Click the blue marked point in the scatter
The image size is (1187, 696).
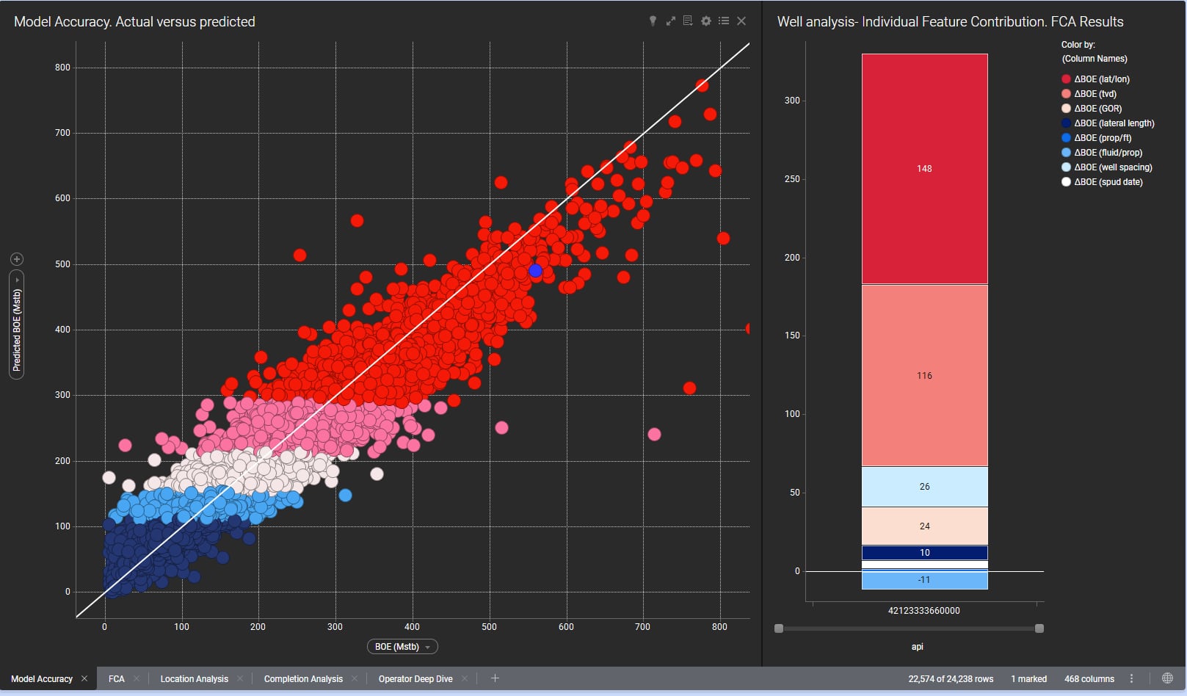point(535,271)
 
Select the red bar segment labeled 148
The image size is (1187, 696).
point(924,169)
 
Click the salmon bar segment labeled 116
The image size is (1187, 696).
point(924,375)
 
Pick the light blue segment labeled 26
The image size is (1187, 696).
point(924,487)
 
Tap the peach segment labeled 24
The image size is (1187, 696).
point(924,526)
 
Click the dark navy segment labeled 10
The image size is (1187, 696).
point(924,553)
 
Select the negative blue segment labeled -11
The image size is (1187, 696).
point(924,580)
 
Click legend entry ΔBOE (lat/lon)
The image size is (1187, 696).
point(1101,79)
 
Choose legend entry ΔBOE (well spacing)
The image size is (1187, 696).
point(1112,167)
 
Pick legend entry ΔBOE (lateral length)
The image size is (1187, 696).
point(1114,123)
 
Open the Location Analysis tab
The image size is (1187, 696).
point(194,679)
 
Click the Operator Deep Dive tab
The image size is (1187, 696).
point(415,679)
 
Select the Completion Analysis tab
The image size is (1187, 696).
point(303,679)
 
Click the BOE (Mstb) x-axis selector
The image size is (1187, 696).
point(402,647)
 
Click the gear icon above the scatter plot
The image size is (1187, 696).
point(705,21)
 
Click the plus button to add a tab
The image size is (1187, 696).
point(495,678)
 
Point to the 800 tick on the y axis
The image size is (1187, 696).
point(62,68)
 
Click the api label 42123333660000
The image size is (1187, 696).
point(923,611)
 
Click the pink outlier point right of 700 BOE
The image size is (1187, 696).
point(654,435)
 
